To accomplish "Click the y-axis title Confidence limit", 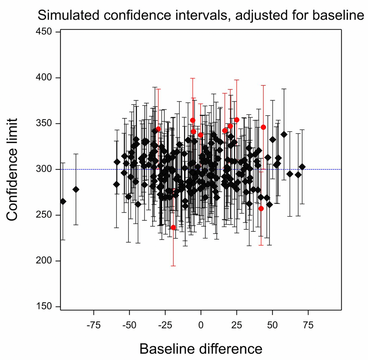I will pos(17,169).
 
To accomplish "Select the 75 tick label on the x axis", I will pos(308,325).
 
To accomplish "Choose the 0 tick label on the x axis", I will pos(201,325).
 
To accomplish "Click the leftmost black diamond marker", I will pos(63,201).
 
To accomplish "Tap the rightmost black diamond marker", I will pos(302,167).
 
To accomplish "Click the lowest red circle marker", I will pos(173,227).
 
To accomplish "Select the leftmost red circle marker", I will pos(158,129).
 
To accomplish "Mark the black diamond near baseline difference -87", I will pos(76,189).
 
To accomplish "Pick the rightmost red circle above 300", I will pos(263,127).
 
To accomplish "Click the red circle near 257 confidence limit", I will pos(261,208).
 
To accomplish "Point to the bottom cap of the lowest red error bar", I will pos(173,266).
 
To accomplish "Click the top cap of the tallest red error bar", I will pos(193,78).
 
